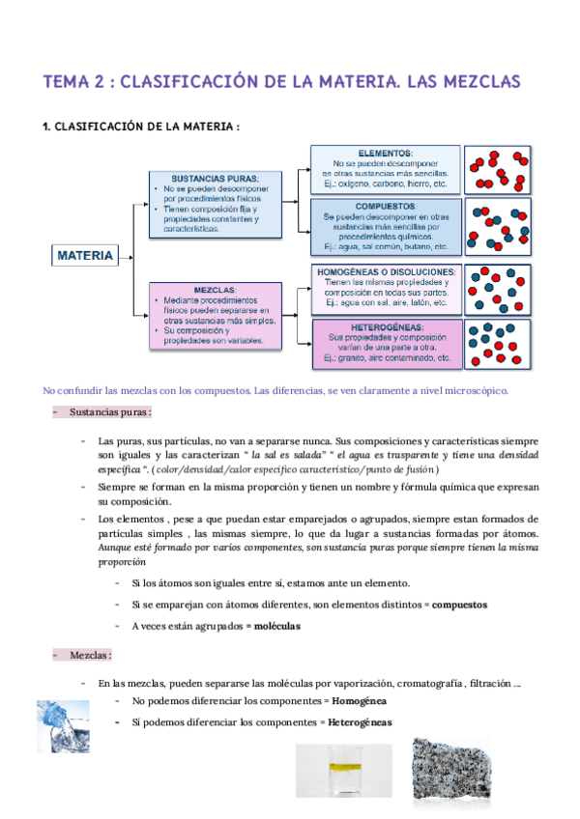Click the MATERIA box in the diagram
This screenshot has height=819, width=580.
(86, 256)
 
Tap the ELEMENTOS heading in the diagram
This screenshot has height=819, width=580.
(385, 154)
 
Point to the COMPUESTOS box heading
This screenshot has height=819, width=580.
(385, 207)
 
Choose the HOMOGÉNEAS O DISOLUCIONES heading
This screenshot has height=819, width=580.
(386, 272)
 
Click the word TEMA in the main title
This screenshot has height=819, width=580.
(69, 81)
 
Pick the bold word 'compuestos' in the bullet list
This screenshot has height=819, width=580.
(459, 605)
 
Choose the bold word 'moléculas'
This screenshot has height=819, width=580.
(275, 626)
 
